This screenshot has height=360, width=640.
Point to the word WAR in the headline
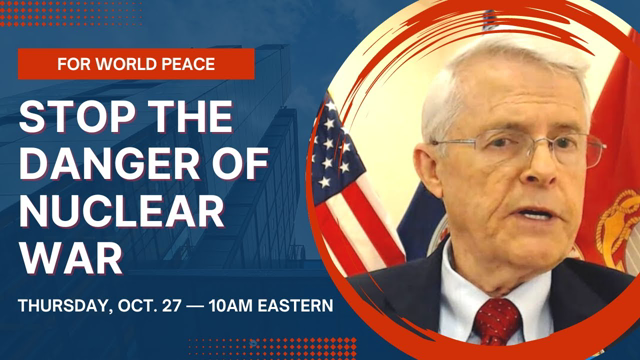[x=68, y=257]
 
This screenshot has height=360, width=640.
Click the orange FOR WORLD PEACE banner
[x=136, y=64]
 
